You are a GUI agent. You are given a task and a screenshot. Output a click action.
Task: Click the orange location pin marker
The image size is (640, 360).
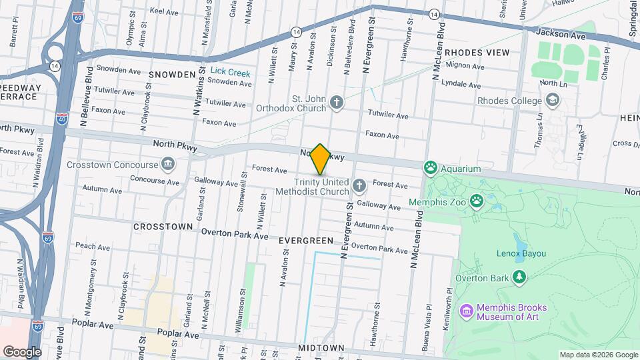(x=321, y=159)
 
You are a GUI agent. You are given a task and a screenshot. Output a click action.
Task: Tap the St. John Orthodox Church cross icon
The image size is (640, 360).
(x=337, y=102)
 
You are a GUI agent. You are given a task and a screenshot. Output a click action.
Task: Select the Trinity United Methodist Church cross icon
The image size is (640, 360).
(x=359, y=185)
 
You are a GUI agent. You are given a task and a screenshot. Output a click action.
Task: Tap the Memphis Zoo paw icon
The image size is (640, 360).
(x=477, y=200)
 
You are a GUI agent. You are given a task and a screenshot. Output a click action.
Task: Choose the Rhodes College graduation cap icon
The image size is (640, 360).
(x=552, y=101)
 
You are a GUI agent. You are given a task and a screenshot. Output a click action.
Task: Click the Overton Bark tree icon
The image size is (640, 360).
(x=519, y=277)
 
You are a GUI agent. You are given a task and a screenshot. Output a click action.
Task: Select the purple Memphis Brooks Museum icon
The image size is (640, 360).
(x=466, y=311)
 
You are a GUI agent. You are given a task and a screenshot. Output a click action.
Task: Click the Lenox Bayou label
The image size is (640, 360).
(x=521, y=253)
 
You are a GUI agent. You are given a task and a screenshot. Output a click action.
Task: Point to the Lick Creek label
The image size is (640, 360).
(x=231, y=70)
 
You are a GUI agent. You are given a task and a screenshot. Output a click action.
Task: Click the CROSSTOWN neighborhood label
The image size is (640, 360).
(x=163, y=227)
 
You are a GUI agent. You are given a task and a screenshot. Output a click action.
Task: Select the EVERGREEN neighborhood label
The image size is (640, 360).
(x=306, y=240)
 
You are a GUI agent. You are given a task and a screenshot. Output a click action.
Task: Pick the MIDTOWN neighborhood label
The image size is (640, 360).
(x=321, y=348)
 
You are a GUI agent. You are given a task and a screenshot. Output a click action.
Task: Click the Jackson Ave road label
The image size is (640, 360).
(x=560, y=33)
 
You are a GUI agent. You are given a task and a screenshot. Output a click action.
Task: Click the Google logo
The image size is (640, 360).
(x=22, y=351)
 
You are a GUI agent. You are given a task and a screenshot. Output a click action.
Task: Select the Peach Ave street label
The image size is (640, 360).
(x=92, y=246)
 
